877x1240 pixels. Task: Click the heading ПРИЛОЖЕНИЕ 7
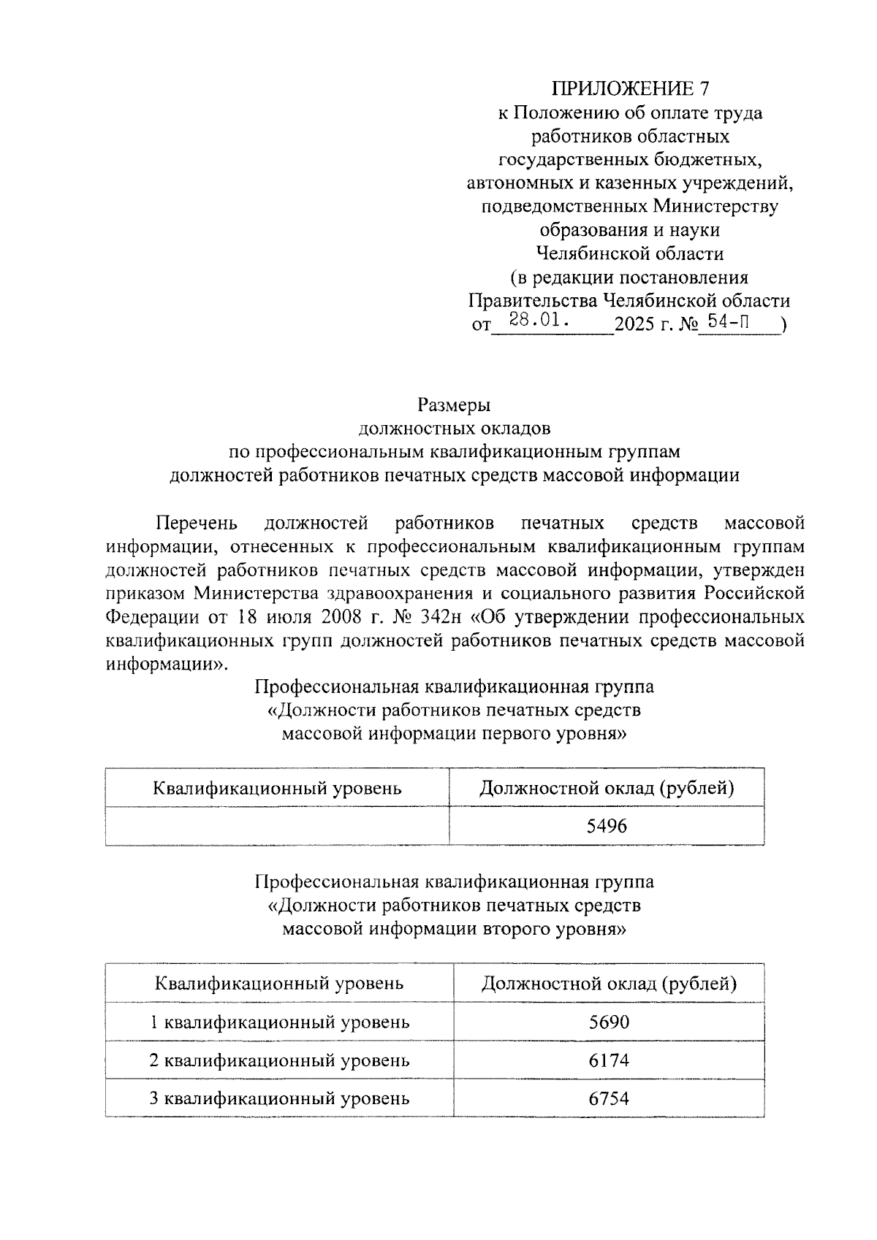629,89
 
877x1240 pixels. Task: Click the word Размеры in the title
454,405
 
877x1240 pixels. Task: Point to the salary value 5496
607,826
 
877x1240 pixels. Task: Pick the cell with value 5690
609,1022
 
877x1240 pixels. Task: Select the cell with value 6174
609,1060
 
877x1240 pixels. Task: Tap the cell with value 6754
609,1098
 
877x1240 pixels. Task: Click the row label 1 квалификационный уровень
279,1022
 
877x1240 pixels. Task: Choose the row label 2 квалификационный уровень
279,1060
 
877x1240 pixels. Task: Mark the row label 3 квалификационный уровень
279,1098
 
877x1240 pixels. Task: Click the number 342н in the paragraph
436,617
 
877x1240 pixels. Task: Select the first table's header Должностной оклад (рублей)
607,788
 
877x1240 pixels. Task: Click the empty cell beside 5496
277,826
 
